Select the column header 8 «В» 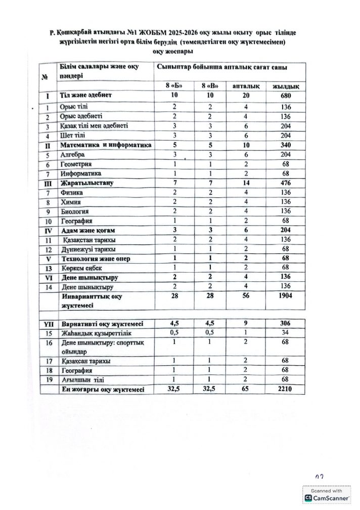pos(209,86)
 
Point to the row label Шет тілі pos(73,136)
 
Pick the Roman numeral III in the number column pos(48,183)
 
